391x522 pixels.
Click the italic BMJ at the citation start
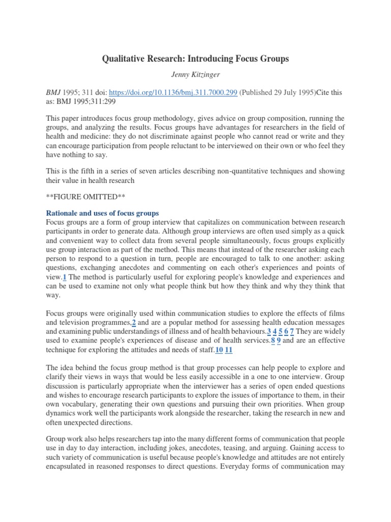[x=53, y=93]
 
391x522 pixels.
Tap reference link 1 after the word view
[x=65, y=277]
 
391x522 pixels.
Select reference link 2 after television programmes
[x=134, y=323]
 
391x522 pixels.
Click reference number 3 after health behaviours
[x=269, y=332]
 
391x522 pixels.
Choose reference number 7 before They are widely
[x=292, y=332]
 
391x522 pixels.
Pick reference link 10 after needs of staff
[x=219, y=350]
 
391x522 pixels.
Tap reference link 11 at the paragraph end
[x=229, y=350]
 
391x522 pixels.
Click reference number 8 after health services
[x=273, y=341]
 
